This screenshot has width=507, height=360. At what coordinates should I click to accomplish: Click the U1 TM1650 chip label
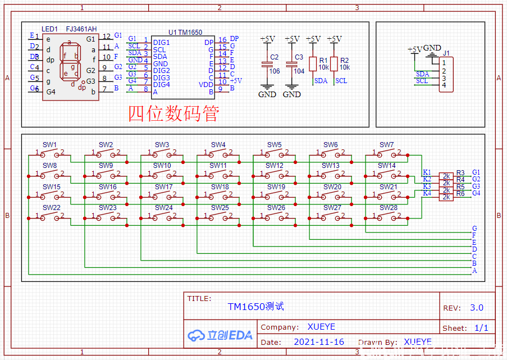185,33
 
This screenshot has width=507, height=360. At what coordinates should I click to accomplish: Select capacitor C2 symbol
267,65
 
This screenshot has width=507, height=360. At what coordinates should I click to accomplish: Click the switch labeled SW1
50,152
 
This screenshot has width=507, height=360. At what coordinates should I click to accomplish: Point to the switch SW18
218,194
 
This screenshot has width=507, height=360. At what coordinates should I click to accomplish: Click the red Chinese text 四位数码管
173,114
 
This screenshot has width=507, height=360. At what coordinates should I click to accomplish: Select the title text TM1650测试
255,307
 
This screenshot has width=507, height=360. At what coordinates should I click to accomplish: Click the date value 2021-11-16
319,341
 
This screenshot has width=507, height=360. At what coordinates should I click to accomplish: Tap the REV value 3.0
477,308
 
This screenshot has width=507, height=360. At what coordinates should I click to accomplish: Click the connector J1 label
446,53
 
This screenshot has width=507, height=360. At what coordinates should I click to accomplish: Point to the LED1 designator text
49,29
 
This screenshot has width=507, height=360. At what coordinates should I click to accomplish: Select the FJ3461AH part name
81,29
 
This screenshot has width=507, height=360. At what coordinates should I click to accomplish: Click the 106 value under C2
275,71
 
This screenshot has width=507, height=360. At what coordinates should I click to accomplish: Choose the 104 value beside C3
299,71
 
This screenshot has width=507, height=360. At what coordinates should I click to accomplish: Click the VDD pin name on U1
206,84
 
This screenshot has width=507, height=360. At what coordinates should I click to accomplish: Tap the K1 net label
427,172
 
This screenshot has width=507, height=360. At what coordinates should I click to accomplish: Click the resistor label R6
460,193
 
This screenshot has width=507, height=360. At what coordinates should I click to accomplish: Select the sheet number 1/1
481,328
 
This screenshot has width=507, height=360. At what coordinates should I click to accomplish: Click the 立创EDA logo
220,335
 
